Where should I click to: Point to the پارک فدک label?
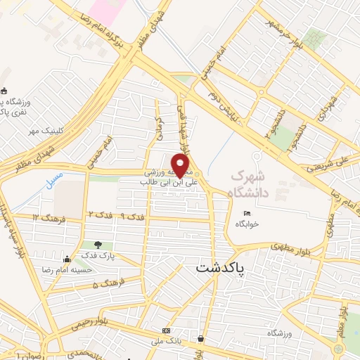(x=96, y=256)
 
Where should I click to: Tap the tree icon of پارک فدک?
(x=97, y=245)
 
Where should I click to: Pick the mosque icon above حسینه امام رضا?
(x=67, y=259)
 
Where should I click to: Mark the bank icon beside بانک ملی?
(x=166, y=330)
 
